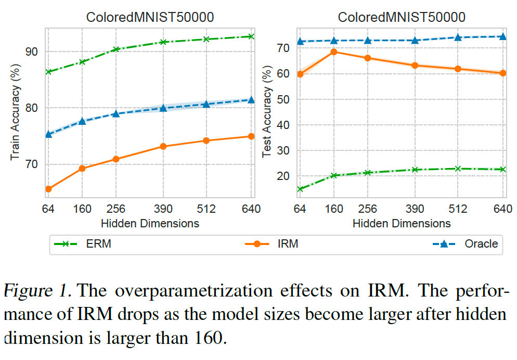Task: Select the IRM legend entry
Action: [x=271, y=243]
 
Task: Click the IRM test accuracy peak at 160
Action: [x=334, y=52]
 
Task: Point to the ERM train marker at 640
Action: [x=251, y=36]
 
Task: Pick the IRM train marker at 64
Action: [x=48, y=189]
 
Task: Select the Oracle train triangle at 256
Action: [x=116, y=113]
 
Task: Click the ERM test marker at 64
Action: [x=300, y=189]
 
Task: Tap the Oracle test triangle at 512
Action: [x=458, y=37]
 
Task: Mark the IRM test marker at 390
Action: [x=415, y=66]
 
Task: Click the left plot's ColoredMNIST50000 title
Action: [x=150, y=17]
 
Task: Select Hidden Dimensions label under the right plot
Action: [x=402, y=223]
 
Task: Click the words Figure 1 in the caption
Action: [x=37, y=290]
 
